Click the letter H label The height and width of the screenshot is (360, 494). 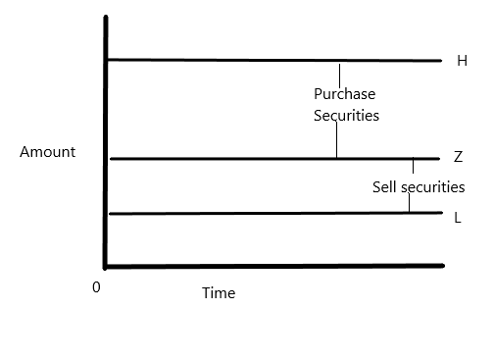click(x=462, y=61)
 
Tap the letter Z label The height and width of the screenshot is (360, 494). click(x=459, y=157)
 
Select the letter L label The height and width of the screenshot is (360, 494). click(x=458, y=218)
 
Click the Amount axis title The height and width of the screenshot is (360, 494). click(x=47, y=152)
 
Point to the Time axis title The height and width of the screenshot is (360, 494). click(x=219, y=293)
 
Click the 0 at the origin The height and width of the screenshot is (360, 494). click(x=96, y=286)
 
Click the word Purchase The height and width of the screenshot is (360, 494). click(x=344, y=94)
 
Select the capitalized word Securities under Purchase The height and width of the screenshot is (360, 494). click(x=346, y=115)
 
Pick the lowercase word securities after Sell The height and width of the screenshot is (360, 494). click(x=431, y=186)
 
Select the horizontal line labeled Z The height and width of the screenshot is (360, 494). click(x=225, y=158)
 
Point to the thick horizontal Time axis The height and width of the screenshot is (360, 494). click(x=274, y=265)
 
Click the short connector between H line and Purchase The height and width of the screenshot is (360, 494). click(x=339, y=74)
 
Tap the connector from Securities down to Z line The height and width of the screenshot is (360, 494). click(x=336, y=140)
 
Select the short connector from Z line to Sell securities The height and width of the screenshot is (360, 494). click(x=413, y=167)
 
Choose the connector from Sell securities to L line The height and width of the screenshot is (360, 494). click(x=409, y=203)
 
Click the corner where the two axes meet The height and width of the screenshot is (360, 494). click(x=105, y=265)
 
